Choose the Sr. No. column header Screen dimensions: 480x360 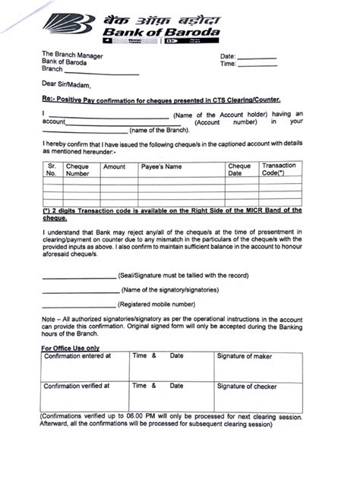click(52, 169)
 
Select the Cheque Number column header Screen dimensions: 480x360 click(78, 169)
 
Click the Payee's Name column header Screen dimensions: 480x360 click(163, 166)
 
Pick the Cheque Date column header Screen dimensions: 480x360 click(239, 169)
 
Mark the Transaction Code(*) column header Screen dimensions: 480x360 click(278, 169)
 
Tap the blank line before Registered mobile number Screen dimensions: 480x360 click(79, 304)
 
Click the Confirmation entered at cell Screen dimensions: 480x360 click(78, 355)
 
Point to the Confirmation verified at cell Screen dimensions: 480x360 click(77, 386)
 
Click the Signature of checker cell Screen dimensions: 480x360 click(246, 386)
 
